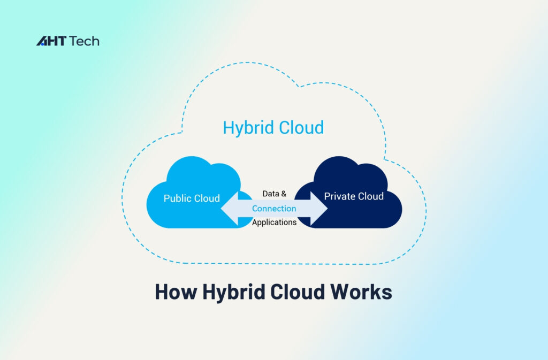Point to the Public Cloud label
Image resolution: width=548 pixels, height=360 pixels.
[x=192, y=198]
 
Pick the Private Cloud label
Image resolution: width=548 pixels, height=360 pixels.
[x=354, y=196]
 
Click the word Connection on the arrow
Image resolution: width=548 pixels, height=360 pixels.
[x=274, y=209]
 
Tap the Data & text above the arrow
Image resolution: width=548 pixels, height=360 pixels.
[x=274, y=194]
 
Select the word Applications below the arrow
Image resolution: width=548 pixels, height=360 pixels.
[x=274, y=223]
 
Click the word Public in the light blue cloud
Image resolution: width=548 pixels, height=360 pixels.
[x=177, y=198]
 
